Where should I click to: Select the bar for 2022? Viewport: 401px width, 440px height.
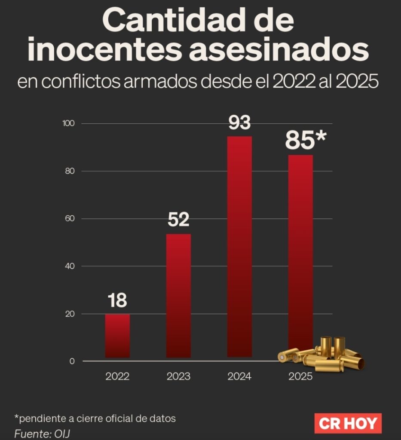pyautogui.click(x=117, y=336)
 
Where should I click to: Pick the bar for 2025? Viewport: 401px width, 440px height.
pyautogui.click(x=300, y=249)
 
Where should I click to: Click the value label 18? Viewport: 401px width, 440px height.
pyautogui.click(x=117, y=301)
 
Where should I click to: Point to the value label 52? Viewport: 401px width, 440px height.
pyautogui.click(x=178, y=220)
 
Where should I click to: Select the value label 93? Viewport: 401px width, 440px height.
pyautogui.click(x=239, y=123)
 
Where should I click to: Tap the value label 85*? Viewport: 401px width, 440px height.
pyautogui.click(x=306, y=141)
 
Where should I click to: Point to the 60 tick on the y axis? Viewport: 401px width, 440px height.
pyautogui.click(x=70, y=219)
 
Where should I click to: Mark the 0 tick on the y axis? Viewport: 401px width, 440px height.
pyautogui.click(x=72, y=361)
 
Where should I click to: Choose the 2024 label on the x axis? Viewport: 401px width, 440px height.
pyautogui.click(x=239, y=377)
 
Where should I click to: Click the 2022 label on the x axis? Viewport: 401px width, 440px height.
pyautogui.click(x=117, y=377)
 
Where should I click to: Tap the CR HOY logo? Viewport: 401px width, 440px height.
pyautogui.click(x=348, y=424)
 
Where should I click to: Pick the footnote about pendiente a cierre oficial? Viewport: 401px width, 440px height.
pyautogui.click(x=95, y=418)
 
